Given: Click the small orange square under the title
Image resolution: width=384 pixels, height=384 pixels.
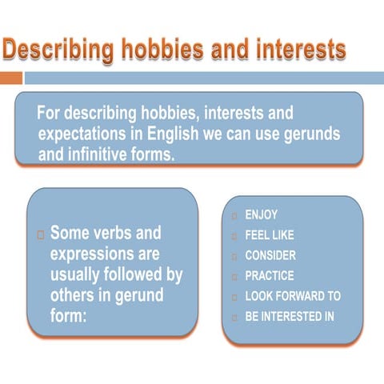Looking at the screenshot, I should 10,78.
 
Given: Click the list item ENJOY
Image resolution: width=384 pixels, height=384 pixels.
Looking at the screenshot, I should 261,216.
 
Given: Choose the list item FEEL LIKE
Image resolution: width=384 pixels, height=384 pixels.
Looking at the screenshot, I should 269,236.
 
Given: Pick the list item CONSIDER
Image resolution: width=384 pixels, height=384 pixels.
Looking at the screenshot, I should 270,256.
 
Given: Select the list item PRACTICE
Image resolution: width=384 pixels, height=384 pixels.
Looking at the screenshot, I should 269,276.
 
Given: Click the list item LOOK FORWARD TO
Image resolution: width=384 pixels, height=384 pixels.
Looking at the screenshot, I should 292,296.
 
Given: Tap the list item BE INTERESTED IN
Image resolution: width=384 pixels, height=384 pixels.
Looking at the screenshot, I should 289,316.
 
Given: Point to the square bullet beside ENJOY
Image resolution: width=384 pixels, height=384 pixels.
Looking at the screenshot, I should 234,216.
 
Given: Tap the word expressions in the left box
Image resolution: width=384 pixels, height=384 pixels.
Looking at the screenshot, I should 104,254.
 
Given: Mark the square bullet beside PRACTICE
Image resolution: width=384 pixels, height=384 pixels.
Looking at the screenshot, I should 234,276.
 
